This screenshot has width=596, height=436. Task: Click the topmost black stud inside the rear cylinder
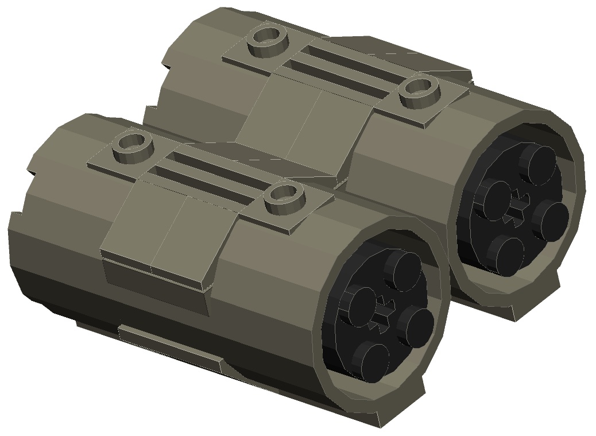(540, 163)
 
